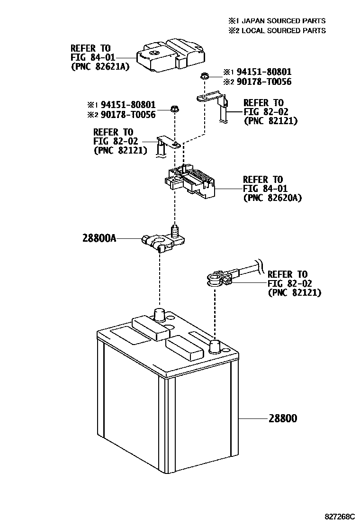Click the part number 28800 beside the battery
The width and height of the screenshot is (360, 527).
coord(283,418)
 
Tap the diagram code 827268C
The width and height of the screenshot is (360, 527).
coord(339,516)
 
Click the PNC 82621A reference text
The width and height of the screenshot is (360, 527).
coord(100,66)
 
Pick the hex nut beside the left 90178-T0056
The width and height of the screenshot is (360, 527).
coord(173,109)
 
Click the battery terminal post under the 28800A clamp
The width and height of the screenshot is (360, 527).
coord(159,314)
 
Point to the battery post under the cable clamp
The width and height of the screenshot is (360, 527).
coord(215,346)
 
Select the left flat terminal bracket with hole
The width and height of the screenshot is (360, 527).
coord(168,142)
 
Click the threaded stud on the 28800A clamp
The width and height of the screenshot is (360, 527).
coord(175,232)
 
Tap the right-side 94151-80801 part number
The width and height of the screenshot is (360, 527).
coord(264,72)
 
